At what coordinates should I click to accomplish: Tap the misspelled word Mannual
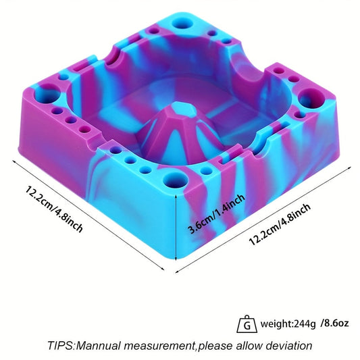tap(119, 345)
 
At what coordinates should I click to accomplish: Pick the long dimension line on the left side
tap(88, 215)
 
